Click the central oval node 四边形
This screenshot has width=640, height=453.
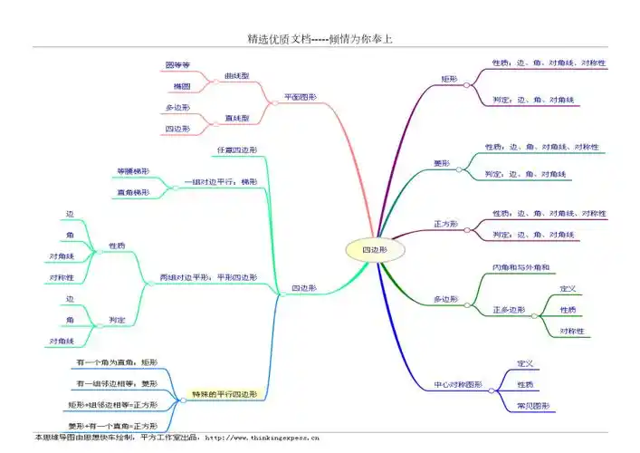click(x=374, y=249)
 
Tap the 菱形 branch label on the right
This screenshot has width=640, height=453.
click(x=442, y=164)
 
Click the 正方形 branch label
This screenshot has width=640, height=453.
click(x=445, y=224)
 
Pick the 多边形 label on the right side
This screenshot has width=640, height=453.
click(x=445, y=299)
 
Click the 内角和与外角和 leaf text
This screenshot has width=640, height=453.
click(x=521, y=268)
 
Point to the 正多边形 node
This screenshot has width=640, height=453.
click(x=509, y=310)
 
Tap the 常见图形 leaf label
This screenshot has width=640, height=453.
click(x=533, y=406)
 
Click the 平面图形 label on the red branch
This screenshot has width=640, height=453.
click(x=301, y=96)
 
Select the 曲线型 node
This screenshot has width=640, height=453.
click(x=238, y=75)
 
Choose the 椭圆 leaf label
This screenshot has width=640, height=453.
click(x=181, y=86)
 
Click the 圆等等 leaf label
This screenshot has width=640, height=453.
click(x=177, y=65)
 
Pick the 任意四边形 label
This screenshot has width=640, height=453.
click(x=237, y=149)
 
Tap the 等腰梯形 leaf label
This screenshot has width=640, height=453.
click(x=133, y=171)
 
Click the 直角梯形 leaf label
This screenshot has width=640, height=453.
click(x=133, y=193)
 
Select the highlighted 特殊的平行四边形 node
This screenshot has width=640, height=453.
click(x=224, y=395)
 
